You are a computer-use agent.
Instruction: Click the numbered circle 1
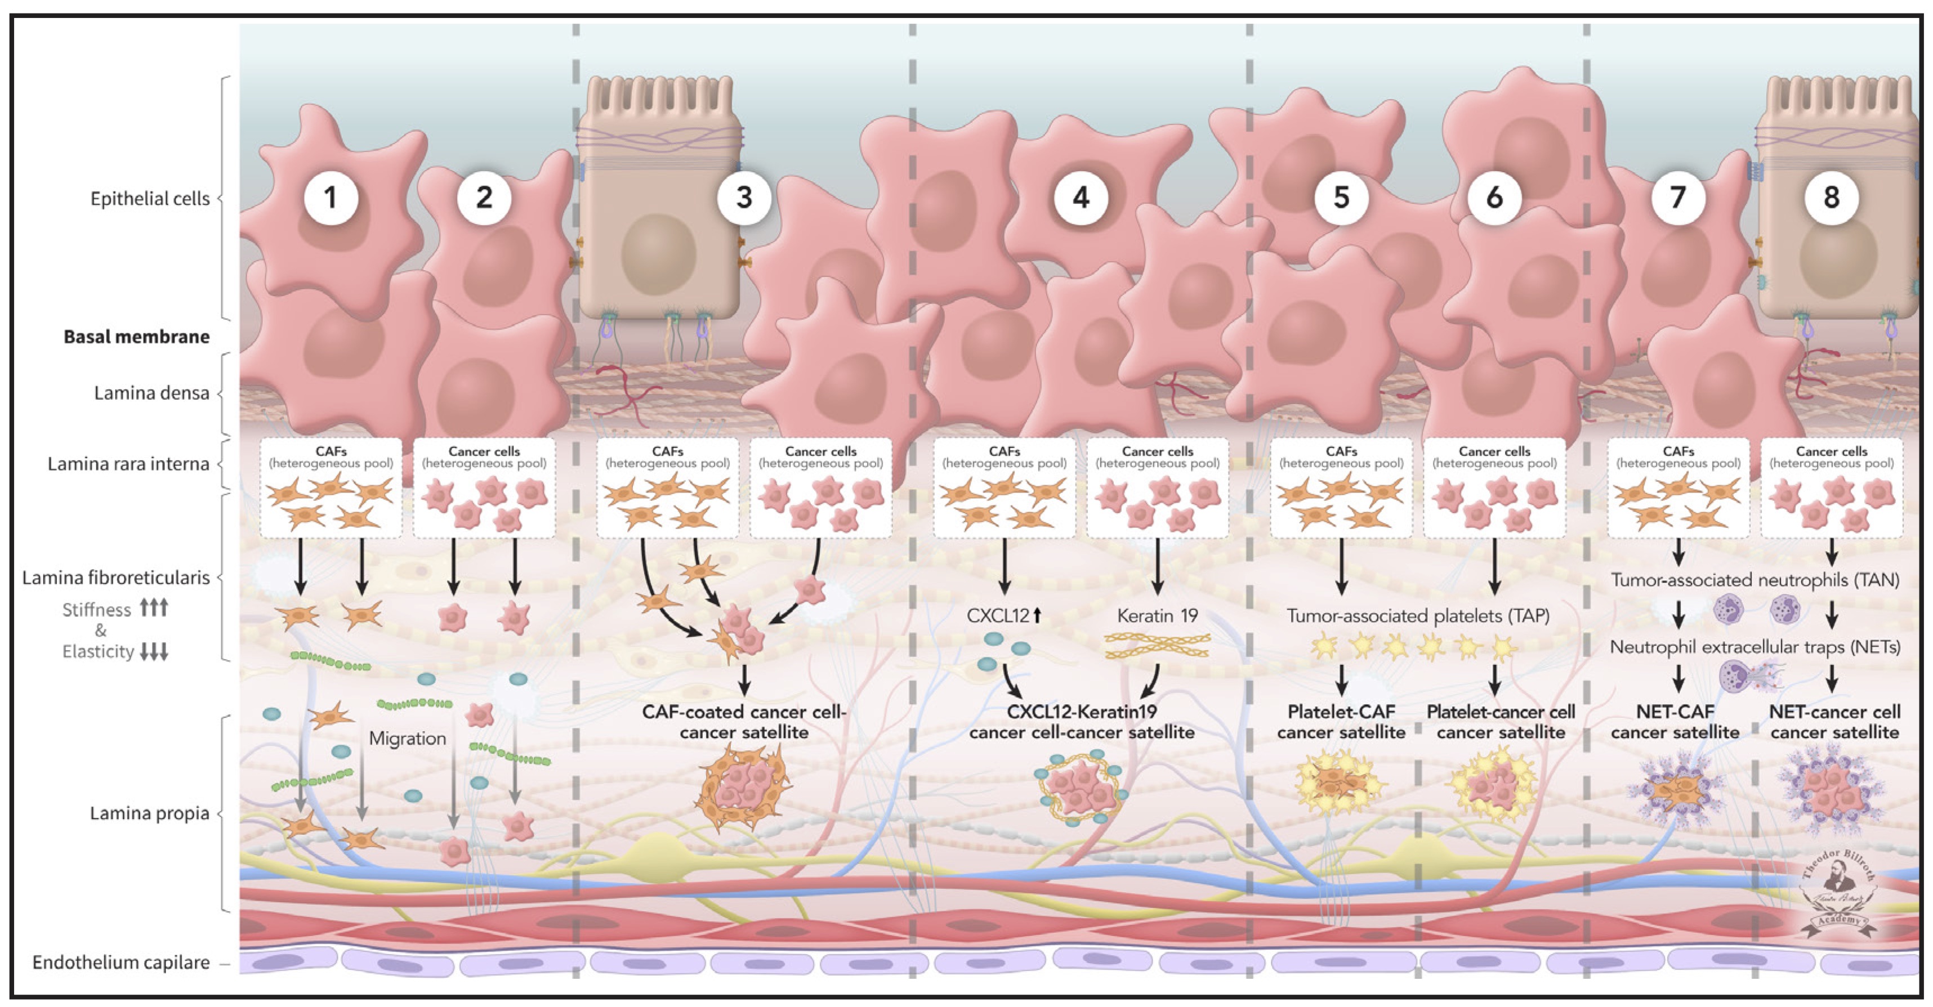[330, 198]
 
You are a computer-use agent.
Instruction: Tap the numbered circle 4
[1081, 198]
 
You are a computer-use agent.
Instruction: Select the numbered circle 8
[1831, 198]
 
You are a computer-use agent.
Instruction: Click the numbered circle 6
[1494, 198]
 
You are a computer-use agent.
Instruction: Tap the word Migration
[408, 739]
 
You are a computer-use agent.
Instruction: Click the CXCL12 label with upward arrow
[1004, 616]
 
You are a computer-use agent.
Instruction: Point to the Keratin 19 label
[1157, 616]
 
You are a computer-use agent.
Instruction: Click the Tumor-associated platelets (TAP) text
[1417, 616]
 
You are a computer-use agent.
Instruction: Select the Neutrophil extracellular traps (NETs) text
[1755, 647]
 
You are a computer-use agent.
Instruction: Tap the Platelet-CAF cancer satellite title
[1341, 721]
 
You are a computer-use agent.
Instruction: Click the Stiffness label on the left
[96, 609]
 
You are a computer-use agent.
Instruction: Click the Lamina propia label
[149, 813]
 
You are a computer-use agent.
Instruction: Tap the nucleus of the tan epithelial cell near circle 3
[658, 254]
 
